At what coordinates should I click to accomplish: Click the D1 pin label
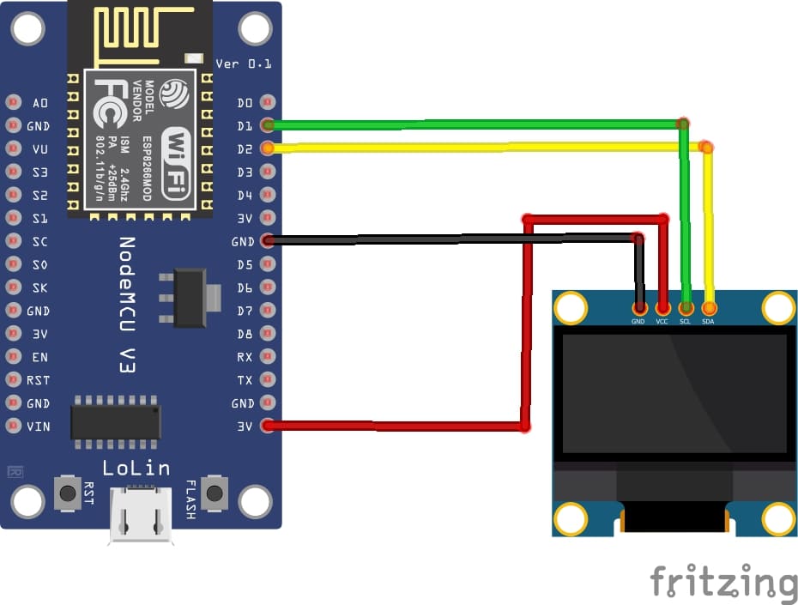pyautogui.click(x=245, y=126)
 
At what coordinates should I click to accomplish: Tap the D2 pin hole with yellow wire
pyautogui.click(x=268, y=148)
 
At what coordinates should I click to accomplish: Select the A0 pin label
pyautogui.click(x=40, y=103)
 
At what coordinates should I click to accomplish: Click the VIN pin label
pyautogui.click(x=38, y=426)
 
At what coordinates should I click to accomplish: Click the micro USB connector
pyautogui.click(x=140, y=515)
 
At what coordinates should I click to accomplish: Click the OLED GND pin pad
pyautogui.click(x=638, y=307)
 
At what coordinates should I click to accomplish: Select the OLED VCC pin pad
pyautogui.click(x=662, y=307)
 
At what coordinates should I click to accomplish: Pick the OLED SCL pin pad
pyautogui.click(x=686, y=307)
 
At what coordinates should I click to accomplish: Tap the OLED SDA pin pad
pyautogui.click(x=709, y=307)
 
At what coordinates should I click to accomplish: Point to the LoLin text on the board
pyautogui.click(x=136, y=469)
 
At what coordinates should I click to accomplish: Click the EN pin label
pyautogui.click(x=39, y=356)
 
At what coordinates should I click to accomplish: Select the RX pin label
pyautogui.click(x=245, y=356)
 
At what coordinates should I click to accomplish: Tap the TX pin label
pyautogui.click(x=245, y=379)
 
